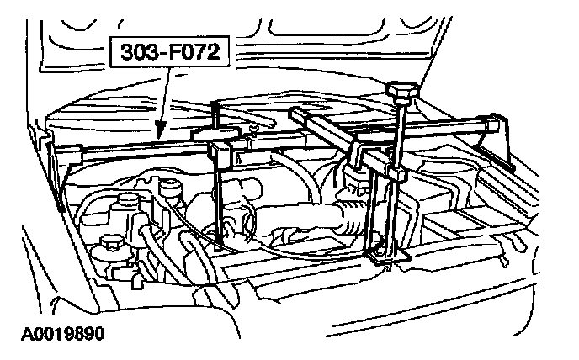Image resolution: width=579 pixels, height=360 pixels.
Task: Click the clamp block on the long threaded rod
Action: [x=395, y=174]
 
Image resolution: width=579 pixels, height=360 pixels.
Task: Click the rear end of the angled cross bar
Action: [x=299, y=115]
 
